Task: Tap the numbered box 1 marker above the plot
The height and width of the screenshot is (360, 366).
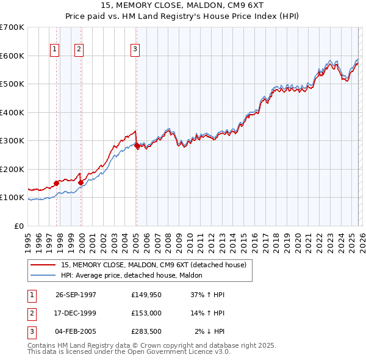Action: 55,49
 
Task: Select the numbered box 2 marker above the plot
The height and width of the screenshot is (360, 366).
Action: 79,49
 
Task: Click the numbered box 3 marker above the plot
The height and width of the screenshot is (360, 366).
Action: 135,49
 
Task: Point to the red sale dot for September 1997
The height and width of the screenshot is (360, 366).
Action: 57,183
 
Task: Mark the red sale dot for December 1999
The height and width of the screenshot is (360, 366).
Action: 81,182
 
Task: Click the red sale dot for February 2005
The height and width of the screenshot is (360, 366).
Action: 137,145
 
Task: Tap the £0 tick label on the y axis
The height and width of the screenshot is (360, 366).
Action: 18,226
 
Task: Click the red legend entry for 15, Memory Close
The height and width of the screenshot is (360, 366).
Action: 153,265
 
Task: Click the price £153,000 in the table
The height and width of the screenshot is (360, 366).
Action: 146,313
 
